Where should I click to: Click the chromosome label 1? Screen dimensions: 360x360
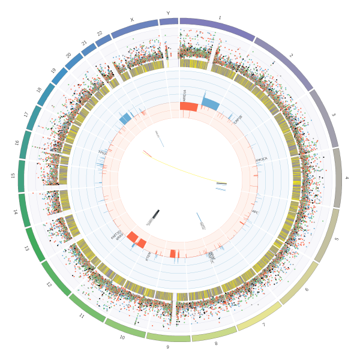click(x=220, y=17)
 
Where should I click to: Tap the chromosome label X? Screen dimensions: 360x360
click(x=132, y=20)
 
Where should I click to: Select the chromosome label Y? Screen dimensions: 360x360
click(x=168, y=13)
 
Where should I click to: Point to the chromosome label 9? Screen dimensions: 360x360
click(x=167, y=347)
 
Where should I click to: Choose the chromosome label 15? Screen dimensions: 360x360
click(x=13, y=175)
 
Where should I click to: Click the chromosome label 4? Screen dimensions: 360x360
click(x=346, y=178)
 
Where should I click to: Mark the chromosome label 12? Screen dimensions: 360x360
click(x=49, y=284)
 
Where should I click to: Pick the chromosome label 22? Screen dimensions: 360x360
click(x=100, y=34)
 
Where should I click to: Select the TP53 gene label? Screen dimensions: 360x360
click(x=102, y=152)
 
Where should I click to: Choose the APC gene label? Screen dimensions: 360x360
click(x=254, y=212)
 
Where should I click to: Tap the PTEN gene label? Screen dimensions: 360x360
click(x=148, y=256)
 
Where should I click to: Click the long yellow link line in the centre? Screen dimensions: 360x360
click(x=186, y=171)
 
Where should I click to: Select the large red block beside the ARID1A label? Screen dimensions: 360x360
click(x=188, y=106)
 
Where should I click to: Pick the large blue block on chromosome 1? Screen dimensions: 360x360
click(x=210, y=103)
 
